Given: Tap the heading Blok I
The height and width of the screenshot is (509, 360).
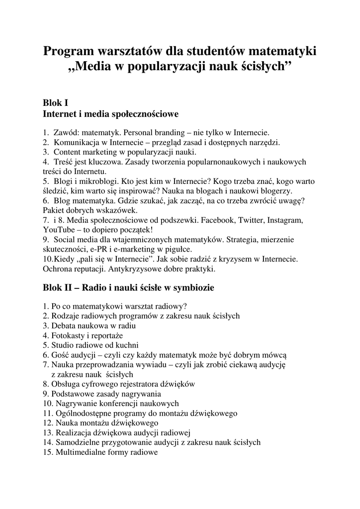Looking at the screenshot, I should coord(55,103).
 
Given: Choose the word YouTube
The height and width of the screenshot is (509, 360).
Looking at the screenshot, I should coord(59,230).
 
